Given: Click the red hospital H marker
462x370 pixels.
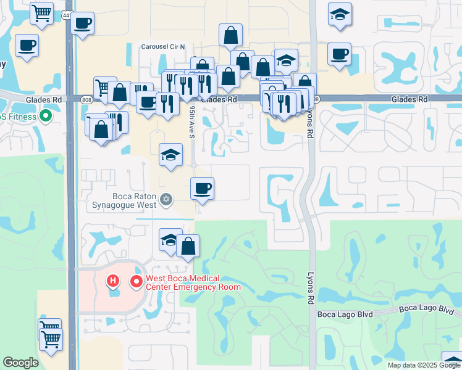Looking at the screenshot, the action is click(x=112, y=282).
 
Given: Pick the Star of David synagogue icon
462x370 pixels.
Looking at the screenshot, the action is click(x=165, y=199).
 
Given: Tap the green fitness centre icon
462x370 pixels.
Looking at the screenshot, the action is click(x=45, y=115).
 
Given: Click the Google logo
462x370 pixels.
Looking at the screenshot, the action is click(x=21, y=363).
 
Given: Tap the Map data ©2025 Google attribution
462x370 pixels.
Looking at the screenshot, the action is click(x=424, y=365).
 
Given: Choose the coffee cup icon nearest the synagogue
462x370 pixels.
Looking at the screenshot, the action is click(x=201, y=187).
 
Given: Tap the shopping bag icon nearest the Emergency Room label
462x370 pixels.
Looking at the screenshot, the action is click(x=188, y=245).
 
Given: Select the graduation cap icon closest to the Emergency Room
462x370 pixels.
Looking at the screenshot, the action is click(x=170, y=239).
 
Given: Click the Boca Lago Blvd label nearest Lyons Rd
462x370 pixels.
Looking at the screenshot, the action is click(x=345, y=314).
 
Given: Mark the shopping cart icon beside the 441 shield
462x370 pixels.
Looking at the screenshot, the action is click(x=42, y=12).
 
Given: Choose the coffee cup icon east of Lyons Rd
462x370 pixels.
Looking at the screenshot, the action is click(x=339, y=54).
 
